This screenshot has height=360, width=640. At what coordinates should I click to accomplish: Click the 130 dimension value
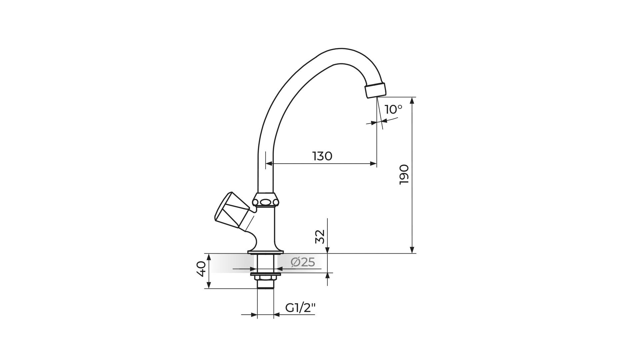point(322,156)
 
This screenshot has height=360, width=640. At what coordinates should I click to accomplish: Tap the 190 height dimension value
point(404,174)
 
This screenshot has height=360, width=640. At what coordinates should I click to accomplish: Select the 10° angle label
point(393,109)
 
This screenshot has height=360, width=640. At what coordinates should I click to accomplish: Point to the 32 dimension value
point(320,237)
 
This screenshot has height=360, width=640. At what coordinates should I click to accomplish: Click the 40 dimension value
point(201,269)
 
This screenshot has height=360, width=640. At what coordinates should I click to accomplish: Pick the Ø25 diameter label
point(303,262)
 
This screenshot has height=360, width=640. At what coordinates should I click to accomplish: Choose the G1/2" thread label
point(300,308)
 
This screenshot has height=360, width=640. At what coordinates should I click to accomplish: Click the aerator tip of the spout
point(375,90)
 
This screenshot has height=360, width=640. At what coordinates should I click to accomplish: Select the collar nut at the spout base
point(266,200)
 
